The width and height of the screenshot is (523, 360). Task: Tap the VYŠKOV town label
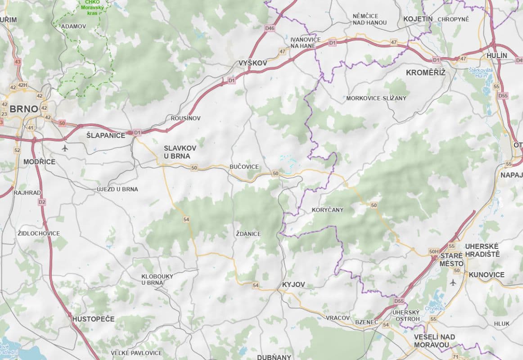tap(252, 63)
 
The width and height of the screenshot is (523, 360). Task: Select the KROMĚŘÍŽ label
tap(425, 72)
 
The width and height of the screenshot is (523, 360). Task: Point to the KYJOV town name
tap(293, 284)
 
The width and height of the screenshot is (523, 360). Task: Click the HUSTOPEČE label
tap(93, 319)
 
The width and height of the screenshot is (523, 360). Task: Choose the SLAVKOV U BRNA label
tap(177, 152)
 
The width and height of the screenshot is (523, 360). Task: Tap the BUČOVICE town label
tap(244, 167)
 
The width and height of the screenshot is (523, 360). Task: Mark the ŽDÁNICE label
tap(248, 234)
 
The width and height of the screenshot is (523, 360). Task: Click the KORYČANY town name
tap(327, 210)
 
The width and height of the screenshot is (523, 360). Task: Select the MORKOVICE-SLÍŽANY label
tap(376, 98)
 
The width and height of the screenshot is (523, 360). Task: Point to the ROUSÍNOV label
tap(185, 118)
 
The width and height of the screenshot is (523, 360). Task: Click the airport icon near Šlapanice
tap(65, 148)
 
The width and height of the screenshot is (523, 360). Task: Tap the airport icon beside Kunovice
tap(453, 282)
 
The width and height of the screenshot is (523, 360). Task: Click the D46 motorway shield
tap(270, 28)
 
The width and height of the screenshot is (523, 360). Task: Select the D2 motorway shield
tap(42, 202)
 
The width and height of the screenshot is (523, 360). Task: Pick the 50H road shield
tap(434, 252)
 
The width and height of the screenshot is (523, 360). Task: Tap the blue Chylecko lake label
tap(437, 308)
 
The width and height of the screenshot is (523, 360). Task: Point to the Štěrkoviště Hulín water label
tap(481, 73)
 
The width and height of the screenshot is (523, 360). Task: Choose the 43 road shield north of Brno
tap(18, 62)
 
